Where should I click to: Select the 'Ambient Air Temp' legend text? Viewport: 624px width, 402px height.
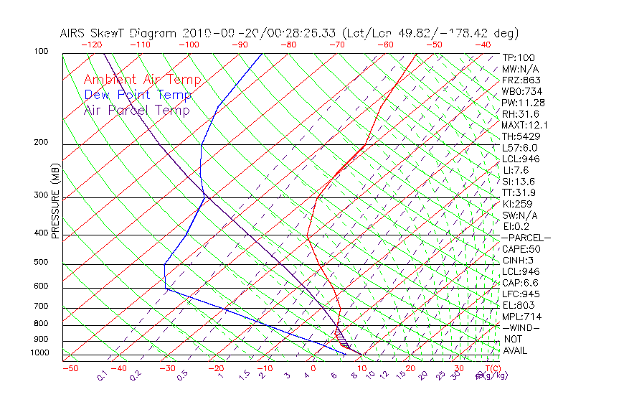(x=142, y=80)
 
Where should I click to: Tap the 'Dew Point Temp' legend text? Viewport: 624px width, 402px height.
(x=138, y=95)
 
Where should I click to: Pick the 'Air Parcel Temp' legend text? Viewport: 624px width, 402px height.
(x=136, y=110)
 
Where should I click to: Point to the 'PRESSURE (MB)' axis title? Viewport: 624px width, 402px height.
(x=55, y=200)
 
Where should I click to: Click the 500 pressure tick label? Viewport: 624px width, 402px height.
(x=42, y=262)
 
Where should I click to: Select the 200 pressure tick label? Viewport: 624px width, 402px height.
(x=42, y=142)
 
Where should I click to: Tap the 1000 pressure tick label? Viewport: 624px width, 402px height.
(x=39, y=352)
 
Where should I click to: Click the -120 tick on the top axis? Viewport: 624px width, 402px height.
(x=91, y=45)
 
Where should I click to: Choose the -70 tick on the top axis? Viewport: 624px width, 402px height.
(x=336, y=45)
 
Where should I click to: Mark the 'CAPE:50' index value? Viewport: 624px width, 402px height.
(x=521, y=249)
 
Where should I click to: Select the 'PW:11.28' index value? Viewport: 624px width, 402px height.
(x=522, y=103)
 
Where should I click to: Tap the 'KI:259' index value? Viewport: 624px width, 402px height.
(x=518, y=204)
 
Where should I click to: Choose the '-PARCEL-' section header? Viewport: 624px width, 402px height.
(x=526, y=238)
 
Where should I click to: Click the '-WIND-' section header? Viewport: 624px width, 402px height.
(x=521, y=327)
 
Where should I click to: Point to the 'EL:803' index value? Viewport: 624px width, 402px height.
(x=518, y=305)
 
